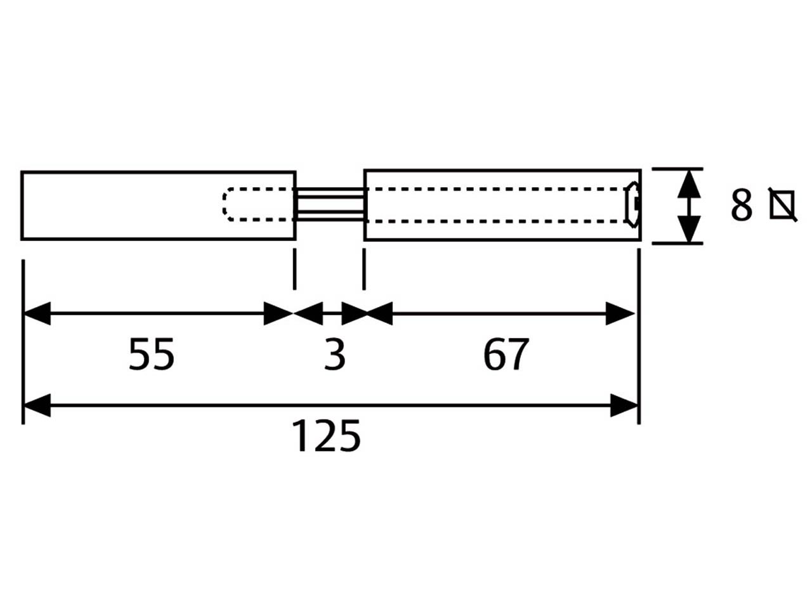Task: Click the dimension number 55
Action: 152,355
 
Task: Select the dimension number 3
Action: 335,355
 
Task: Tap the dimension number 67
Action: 506,355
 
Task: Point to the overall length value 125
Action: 326,436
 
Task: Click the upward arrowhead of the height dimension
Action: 689,184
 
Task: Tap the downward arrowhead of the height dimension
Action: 689,229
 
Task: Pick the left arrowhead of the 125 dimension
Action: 37,405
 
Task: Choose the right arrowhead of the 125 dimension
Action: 624,405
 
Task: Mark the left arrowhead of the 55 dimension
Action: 37,313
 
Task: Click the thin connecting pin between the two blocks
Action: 330,204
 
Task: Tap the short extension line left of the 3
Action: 294,269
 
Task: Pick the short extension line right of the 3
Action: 364,269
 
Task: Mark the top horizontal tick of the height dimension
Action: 678,169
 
